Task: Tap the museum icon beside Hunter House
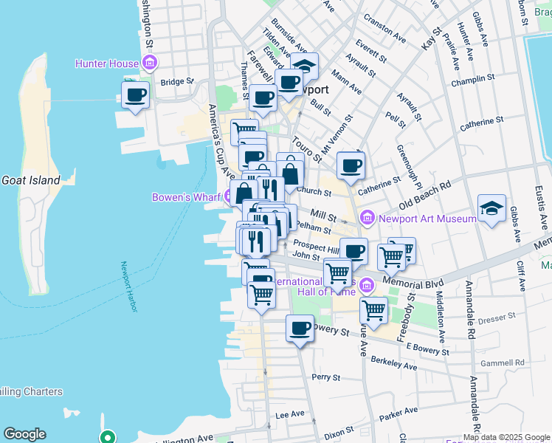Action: pos(150,63)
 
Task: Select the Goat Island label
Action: pos(26,179)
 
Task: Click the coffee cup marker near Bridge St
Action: pos(136,95)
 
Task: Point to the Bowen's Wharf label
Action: pos(187,197)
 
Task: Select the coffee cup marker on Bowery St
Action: pos(300,328)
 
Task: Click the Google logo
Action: pos(24,434)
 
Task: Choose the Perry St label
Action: pos(325,377)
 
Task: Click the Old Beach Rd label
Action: pos(424,194)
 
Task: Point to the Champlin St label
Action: pos(473,80)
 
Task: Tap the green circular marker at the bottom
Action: pos(108,436)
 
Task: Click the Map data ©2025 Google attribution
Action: pos(506,437)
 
